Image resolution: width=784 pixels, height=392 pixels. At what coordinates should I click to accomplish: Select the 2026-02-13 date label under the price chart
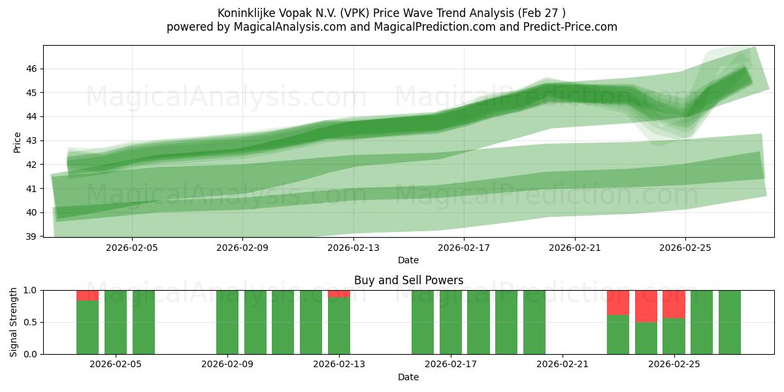(x=353, y=248)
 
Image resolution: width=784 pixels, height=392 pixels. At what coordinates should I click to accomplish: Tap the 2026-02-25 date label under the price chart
(x=685, y=248)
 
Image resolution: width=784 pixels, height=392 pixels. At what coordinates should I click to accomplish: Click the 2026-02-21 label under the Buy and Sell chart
(x=563, y=365)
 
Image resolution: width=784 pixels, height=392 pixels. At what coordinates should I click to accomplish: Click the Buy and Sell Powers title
(x=408, y=280)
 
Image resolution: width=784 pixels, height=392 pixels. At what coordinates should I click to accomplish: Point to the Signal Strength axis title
(x=14, y=322)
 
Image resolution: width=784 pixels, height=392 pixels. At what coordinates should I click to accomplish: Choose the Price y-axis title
(x=18, y=142)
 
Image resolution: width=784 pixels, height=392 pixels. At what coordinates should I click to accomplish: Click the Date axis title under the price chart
(x=408, y=261)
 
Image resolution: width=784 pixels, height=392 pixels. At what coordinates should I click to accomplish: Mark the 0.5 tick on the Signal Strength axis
(x=31, y=322)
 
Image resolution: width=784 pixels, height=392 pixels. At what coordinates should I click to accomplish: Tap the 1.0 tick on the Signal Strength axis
(x=31, y=290)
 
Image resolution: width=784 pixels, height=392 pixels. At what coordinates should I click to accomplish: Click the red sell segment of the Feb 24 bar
(x=646, y=306)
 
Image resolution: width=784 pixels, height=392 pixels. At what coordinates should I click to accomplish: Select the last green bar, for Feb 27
(x=730, y=322)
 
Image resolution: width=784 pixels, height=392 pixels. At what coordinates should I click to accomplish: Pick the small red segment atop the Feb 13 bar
(x=339, y=293)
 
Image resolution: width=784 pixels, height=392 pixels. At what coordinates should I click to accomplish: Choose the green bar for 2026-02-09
(x=227, y=322)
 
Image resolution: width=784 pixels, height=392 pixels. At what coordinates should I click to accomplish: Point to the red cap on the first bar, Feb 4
(x=88, y=295)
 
